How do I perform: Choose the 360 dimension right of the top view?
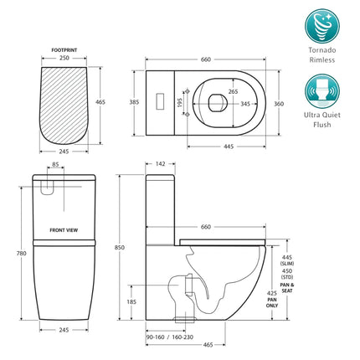280,102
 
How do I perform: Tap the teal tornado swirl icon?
321,26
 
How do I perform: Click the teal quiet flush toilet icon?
321,89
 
